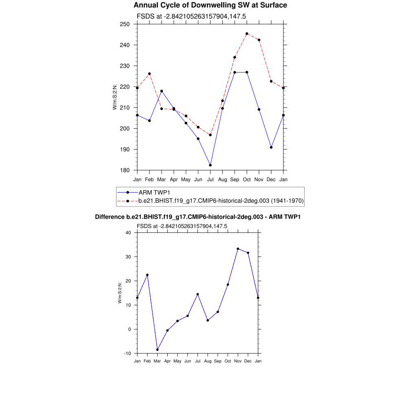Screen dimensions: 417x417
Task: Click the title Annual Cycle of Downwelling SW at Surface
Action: pyautogui.click(x=210, y=5)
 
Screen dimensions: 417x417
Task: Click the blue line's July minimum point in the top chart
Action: pyautogui.click(x=210, y=165)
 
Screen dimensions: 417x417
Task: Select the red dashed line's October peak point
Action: pyautogui.click(x=247, y=34)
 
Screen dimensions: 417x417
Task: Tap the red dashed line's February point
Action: pyautogui.click(x=149, y=74)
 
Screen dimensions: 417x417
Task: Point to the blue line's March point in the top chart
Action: pyautogui.click(x=162, y=91)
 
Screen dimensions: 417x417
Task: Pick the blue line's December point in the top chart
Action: pyautogui.click(x=271, y=147)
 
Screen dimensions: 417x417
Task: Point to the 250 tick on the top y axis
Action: pyautogui.click(x=125, y=24)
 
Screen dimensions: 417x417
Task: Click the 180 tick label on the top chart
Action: pyautogui.click(x=125, y=170)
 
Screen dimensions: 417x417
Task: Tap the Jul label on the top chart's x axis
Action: pyautogui.click(x=210, y=179)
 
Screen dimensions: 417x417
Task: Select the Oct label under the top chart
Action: pyautogui.click(x=247, y=179)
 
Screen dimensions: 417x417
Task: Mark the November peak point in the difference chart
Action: pyautogui.click(x=238, y=249)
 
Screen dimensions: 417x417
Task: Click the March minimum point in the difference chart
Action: pyautogui.click(x=157, y=350)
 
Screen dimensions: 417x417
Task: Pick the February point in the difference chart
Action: pyautogui.click(x=147, y=275)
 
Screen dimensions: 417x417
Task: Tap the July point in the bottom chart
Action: pyautogui.click(x=198, y=294)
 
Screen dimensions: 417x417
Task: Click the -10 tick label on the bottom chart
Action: pyautogui.click(x=127, y=353)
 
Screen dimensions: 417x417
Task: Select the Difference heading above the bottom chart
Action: pyautogui.click(x=198, y=217)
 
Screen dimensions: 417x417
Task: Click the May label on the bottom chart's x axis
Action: pyautogui.click(x=178, y=361)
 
